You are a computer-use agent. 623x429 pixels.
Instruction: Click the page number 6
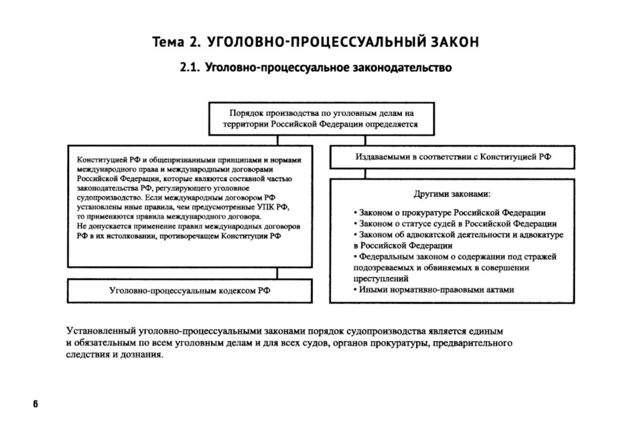pos(35,404)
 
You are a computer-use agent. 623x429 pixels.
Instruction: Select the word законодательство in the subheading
pos(402,68)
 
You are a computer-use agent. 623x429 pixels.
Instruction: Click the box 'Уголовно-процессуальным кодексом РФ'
pos(190,290)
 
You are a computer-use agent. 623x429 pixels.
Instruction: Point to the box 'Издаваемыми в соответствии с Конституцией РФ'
pos(452,157)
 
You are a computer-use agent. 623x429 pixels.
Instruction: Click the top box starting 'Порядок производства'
pos(321,119)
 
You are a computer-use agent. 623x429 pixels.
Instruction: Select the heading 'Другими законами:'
pos(452,194)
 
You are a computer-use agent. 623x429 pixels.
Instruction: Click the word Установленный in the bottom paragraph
pos(100,331)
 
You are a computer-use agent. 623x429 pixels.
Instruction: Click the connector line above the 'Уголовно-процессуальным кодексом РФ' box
pos(277,273)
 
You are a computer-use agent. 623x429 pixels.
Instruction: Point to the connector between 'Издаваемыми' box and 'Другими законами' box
pos(366,174)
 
